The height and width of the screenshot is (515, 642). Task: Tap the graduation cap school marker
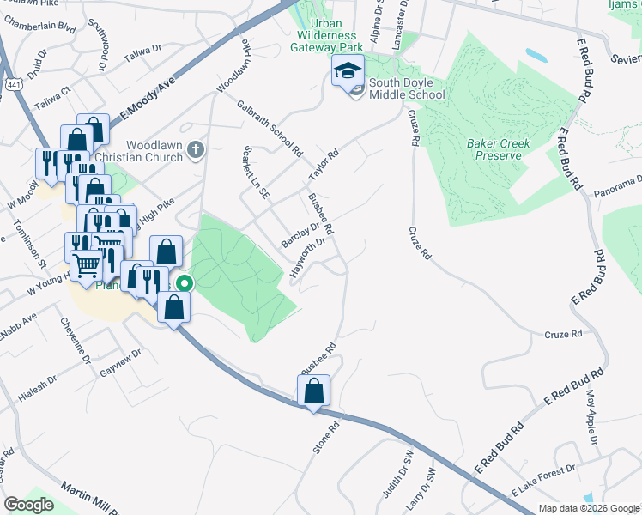(348, 70)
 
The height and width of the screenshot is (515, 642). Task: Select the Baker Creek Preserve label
(499, 149)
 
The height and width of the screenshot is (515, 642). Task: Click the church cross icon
(196, 151)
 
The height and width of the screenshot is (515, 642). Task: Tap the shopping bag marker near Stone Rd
(313, 391)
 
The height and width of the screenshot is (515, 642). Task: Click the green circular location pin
(184, 283)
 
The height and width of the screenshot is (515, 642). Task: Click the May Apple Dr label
(591, 419)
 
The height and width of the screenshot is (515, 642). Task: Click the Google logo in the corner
(28, 505)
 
